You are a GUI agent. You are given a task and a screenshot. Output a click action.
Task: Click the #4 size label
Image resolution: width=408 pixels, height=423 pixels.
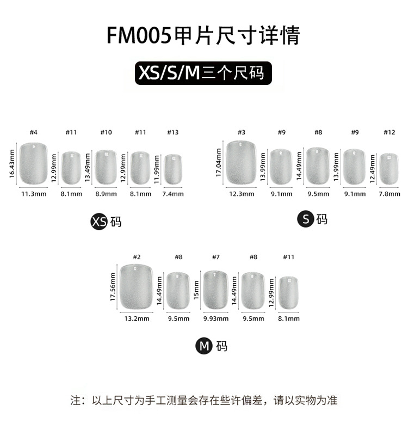coord(33,132)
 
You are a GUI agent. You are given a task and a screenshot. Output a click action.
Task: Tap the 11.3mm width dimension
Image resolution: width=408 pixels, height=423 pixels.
coord(33,194)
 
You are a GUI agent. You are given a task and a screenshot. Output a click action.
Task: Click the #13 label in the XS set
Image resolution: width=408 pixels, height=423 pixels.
coord(172,132)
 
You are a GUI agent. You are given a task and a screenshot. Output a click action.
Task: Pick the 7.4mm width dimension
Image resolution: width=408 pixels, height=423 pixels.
coord(173,194)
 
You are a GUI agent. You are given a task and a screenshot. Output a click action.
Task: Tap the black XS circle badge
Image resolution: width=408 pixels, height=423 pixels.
coord(99,222)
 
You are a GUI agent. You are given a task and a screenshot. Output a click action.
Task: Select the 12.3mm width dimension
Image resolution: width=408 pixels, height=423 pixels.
coord(242,194)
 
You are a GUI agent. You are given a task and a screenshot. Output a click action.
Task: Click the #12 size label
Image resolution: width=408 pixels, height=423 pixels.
coord(389,132)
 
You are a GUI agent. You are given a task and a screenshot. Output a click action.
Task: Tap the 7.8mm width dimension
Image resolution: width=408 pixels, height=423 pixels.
coord(389,194)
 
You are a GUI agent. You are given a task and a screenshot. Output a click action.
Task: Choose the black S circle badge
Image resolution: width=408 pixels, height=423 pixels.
coord(305,219)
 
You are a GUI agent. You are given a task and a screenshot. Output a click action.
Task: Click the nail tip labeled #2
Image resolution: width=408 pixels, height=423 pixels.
coord(137,285)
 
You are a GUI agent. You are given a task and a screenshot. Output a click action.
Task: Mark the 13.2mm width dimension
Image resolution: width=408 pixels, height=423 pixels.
coord(137,319)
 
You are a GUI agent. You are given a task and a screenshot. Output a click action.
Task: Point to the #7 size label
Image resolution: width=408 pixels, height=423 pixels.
coord(215,257)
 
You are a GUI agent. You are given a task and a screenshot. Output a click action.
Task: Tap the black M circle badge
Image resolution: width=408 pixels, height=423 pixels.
coord(204,346)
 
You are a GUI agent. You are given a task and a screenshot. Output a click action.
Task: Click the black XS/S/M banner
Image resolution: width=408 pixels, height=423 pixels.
coord(203,72)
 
